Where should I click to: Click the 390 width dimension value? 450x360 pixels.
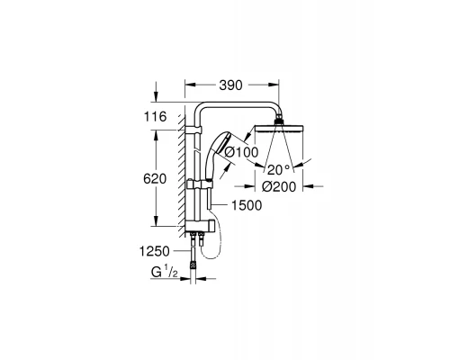(x=230, y=85)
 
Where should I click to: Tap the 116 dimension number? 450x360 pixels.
(x=155, y=117)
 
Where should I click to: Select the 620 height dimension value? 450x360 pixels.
(x=155, y=179)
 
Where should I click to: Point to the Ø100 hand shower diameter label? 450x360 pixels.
(x=241, y=152)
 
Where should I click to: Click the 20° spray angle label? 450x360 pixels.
(x=279, y=170)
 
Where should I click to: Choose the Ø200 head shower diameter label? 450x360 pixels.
(x=279, y=186)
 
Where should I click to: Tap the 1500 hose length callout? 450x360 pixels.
(x=247, y=205)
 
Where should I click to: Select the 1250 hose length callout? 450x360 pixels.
(x=155, y=251)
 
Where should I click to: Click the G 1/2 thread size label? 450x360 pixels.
(x=165, y=273)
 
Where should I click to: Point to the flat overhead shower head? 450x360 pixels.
(x=279, y=128)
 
